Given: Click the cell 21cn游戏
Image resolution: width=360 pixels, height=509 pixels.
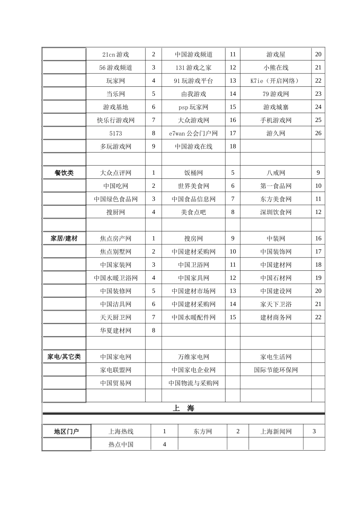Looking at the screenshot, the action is click(x=116, y=55).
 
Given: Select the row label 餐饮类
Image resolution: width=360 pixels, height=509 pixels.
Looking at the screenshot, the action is click(x=64, y=173).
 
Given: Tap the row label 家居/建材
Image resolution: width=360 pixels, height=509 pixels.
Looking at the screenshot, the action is click(x=64, y=239).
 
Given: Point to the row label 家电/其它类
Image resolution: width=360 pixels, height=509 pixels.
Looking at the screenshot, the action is click(x=64, y=357).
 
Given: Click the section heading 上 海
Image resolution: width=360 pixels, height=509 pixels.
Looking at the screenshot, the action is click(x=183, y=408).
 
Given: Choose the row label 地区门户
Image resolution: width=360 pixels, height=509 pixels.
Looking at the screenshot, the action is click(x=66, y=431).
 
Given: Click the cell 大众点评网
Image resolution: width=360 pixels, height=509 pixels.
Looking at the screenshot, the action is click(x=116, y=173).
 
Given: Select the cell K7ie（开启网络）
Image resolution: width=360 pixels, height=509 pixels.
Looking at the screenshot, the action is click(x=275, y=81).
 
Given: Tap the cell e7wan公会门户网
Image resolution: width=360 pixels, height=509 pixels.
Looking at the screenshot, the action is click(x=193, y=133).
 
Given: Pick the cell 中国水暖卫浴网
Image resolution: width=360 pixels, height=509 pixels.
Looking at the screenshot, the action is click(x=116, y=278).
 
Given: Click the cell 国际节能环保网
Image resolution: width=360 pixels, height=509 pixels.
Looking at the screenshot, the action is click(x=275, y=370).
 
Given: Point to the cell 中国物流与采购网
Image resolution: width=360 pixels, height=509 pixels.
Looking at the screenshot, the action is click(x=193, y=383).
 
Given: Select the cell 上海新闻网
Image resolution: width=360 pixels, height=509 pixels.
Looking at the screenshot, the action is click(x=275, y=431).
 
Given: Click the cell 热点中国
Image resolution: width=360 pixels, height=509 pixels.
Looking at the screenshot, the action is click(x=121, y=445).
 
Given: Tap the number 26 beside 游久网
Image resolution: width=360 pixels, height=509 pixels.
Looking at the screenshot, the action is click(x=318, y=133).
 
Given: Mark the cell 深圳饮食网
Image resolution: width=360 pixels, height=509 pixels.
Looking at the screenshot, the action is click(x=275, y=212).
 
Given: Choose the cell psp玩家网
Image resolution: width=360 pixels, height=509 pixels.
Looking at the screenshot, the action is click(x=193, y=107).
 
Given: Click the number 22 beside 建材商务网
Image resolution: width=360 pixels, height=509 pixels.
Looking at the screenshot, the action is click(x=318, y=317).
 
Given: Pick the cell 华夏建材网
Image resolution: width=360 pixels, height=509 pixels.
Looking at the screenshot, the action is click(x=116, y=331).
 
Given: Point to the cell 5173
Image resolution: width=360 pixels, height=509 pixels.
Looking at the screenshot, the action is click(x=116, y=133).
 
